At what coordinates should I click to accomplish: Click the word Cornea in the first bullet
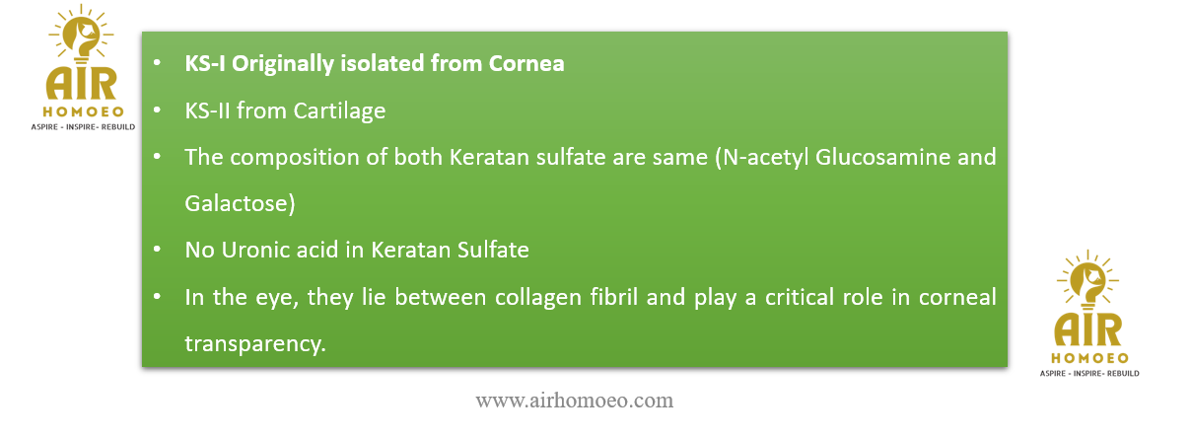point(526,63)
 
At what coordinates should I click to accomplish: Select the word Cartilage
point(339,111)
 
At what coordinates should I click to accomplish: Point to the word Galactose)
point(240,203)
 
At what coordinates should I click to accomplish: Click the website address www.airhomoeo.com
point(574,401)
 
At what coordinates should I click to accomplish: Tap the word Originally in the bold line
point(282,64)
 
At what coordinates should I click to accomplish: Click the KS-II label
point(207,110)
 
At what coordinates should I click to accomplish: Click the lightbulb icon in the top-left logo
point(82,36)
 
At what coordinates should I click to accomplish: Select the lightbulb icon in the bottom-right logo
point(1087,281)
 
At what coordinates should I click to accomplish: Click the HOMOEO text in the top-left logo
point(84,111)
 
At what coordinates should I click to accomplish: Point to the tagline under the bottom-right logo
point(1089,374)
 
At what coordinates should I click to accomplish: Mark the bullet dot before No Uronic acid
point(157,249)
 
